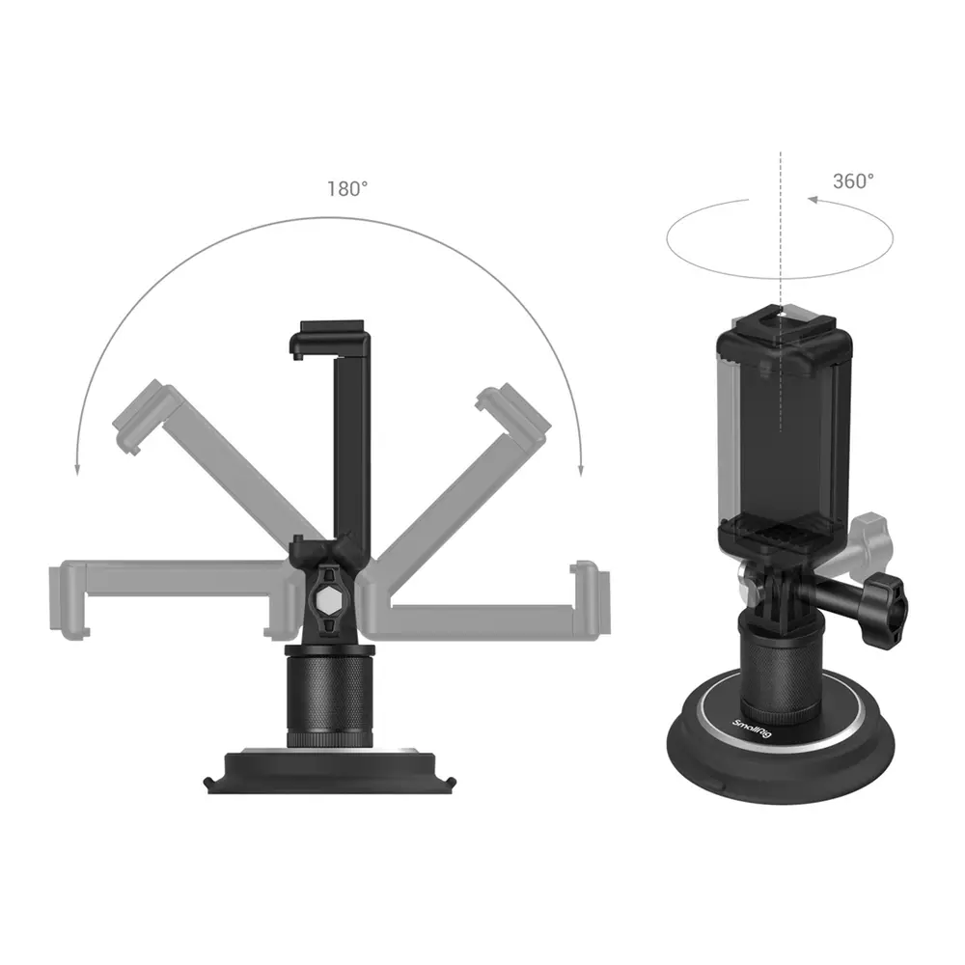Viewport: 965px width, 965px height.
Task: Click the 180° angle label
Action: click(347, 189)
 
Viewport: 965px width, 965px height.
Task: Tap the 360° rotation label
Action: click(853, 181)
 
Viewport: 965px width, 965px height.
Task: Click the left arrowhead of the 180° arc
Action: click(77, 470)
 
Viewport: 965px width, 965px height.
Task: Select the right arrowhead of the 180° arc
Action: click(580, 470)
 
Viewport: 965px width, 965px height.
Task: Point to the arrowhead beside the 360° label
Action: click(813, 200)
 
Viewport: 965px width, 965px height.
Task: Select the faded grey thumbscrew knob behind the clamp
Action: click(869, 539)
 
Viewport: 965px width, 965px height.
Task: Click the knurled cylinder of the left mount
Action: click(329, 696)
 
